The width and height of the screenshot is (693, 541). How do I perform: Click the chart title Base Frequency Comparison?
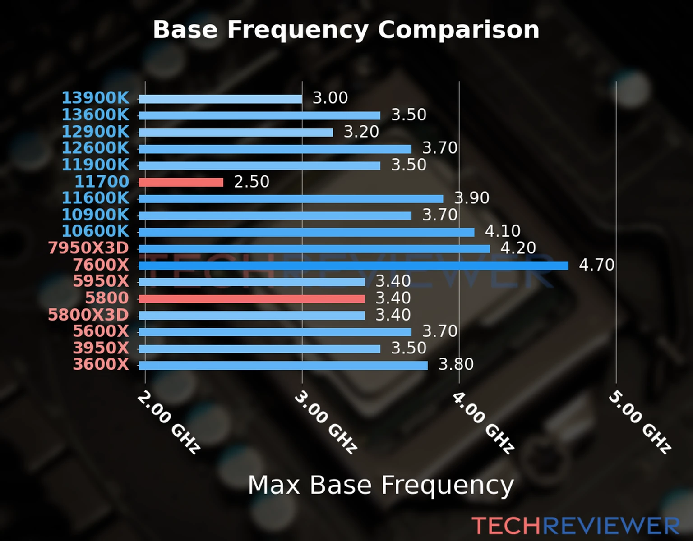pyautogui.click(x=346, y=30)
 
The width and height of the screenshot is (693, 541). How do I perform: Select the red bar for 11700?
pyautogui.click(x=181, y=182)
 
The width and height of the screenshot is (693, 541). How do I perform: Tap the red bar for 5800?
pyautogui.click(x=251, y=299)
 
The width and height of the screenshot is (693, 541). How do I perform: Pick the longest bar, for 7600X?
pyautogui.click(x=353, y=266)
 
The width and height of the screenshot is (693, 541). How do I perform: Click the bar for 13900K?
pyautogui.click(x=220, y=99)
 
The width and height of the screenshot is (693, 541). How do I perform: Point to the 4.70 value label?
pyautogui.click(x=596, y=265)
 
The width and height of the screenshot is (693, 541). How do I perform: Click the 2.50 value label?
pyautogui.click(x=251, y=182)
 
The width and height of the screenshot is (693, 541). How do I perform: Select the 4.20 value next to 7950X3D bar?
pyautogui.click(x=518, y=248)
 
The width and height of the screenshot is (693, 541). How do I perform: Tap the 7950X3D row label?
pyautogui.click(x=89, y=248)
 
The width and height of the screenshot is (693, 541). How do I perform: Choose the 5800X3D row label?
pyautogui.click(x=89, y=315)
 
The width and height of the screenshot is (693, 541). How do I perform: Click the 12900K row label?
pyautogui.click(x=95, y=132)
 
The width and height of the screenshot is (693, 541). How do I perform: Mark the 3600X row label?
pyautogui.click(x=101, y=364)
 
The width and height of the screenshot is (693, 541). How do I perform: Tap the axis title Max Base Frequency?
pyautogui.click(x=381, y=485)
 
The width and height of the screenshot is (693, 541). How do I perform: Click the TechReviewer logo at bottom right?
pyautogui.click(x=575, y=526)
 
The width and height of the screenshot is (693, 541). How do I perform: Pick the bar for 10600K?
pyautogui.click(x=306, y=232)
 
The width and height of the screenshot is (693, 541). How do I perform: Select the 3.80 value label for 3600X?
pyautogui.click(x=456, y=364)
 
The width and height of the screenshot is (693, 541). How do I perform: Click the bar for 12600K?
pyautogui.click(x=275, y=149)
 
